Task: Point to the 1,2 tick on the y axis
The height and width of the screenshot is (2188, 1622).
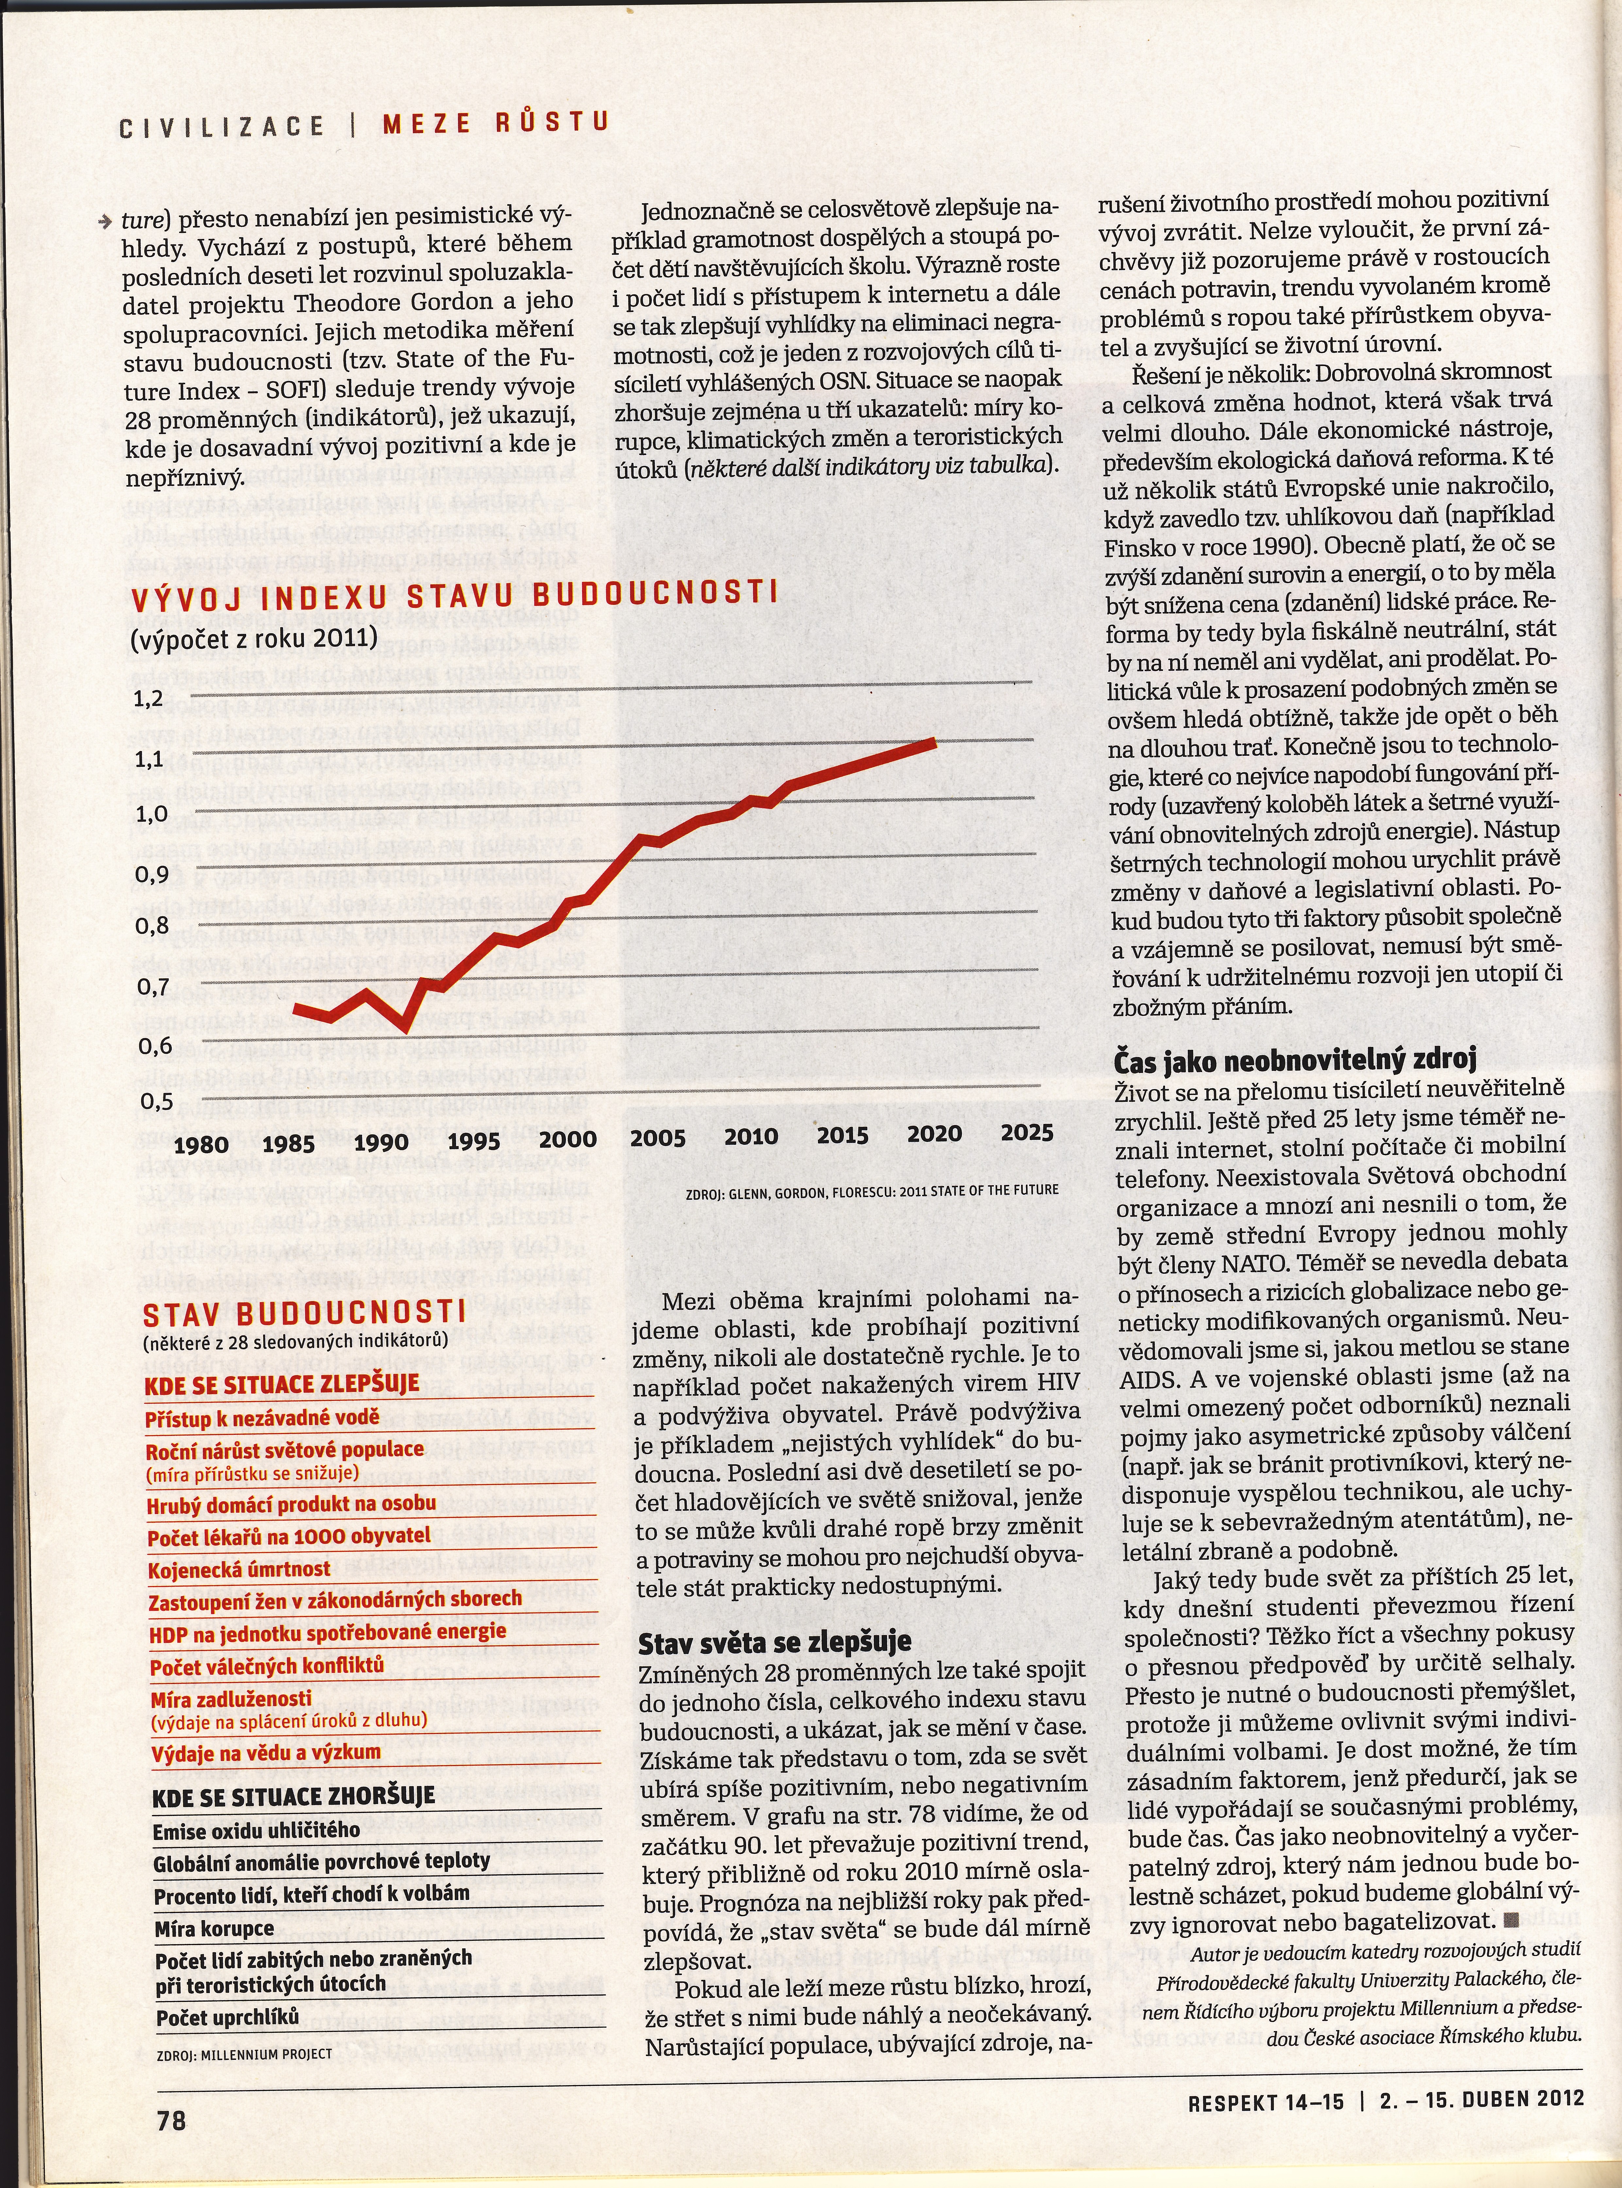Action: click(148, 699)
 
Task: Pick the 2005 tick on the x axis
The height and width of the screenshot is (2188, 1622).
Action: click(658, 1139)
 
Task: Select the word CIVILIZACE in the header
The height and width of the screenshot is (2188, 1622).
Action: click(222, 126)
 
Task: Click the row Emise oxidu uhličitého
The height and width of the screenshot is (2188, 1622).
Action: click(256, 1831)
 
